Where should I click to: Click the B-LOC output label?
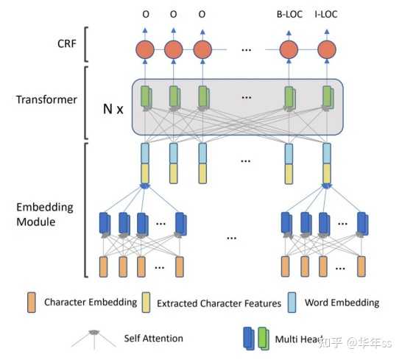(x=289, y=14)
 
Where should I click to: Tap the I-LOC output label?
(x=326, y=14)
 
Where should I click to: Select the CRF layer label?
(x=67, y=43)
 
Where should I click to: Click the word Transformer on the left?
(x=46, y=99)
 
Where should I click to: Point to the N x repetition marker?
(x=113, y=109)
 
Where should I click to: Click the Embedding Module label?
(x=45, y=214)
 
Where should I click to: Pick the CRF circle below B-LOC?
(x=289, y=50)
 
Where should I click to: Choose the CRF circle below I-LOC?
(x=327, y=50)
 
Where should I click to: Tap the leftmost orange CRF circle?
(x=145, y=50)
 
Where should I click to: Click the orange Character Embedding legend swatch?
(x=32, y=303)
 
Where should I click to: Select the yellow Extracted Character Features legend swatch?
(x=146, y=303)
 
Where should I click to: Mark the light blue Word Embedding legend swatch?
(x=292, y=303)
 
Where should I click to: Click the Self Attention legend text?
(x=154, y=339)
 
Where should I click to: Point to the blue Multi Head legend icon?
(x=249, y=339)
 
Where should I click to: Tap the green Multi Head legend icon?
(x=264, y=339)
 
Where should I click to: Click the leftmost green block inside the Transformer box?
(x=146, y=96)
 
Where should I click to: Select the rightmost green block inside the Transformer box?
(x=328, y=96)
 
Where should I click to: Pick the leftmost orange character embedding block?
(x=103, y=267)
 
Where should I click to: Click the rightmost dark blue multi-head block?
(x=363, y=223)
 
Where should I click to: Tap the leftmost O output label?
(x=146, y=14)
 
